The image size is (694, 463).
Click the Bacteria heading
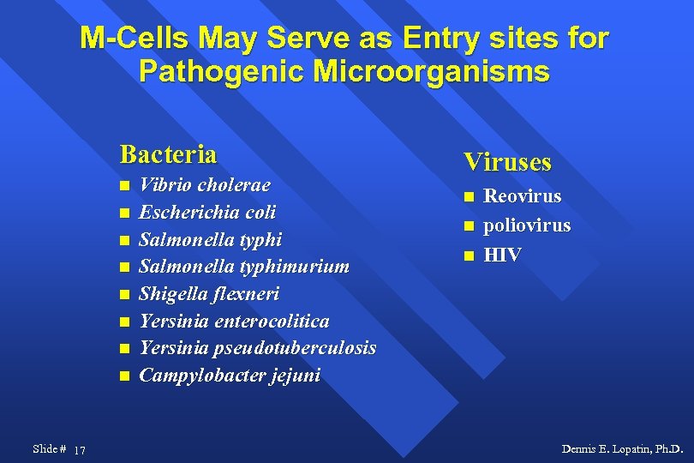(168, 154)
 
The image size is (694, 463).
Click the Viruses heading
(507, 162)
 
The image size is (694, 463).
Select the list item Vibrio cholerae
(205, 185)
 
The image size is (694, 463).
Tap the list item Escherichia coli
(207, 212)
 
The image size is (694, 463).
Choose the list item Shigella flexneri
(209, 293)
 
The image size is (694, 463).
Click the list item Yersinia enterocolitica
(234, 321)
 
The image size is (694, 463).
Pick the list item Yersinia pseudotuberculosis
(257, 348)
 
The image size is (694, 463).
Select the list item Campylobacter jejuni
(230, 376)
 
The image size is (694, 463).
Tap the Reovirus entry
(523, 196)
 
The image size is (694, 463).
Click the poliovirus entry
(527, 225)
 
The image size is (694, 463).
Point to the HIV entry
(502, 255)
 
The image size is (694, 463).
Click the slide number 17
(80, 450)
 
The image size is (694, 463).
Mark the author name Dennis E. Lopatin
(622, 448)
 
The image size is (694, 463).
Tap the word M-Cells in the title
(135, 39)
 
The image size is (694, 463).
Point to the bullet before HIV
(469, 256)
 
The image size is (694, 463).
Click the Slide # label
(49, 448)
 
